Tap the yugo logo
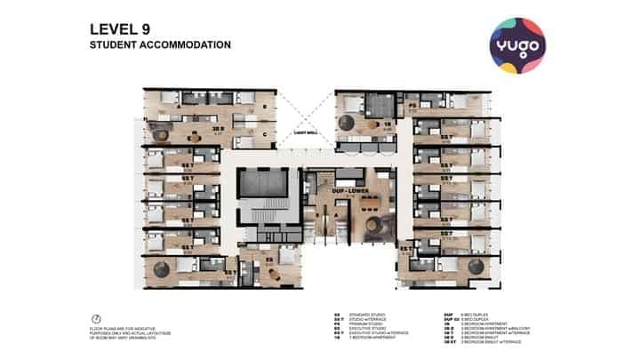pos(518,44)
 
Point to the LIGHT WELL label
pos(305,133)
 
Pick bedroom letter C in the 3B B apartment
pos(264,135)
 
